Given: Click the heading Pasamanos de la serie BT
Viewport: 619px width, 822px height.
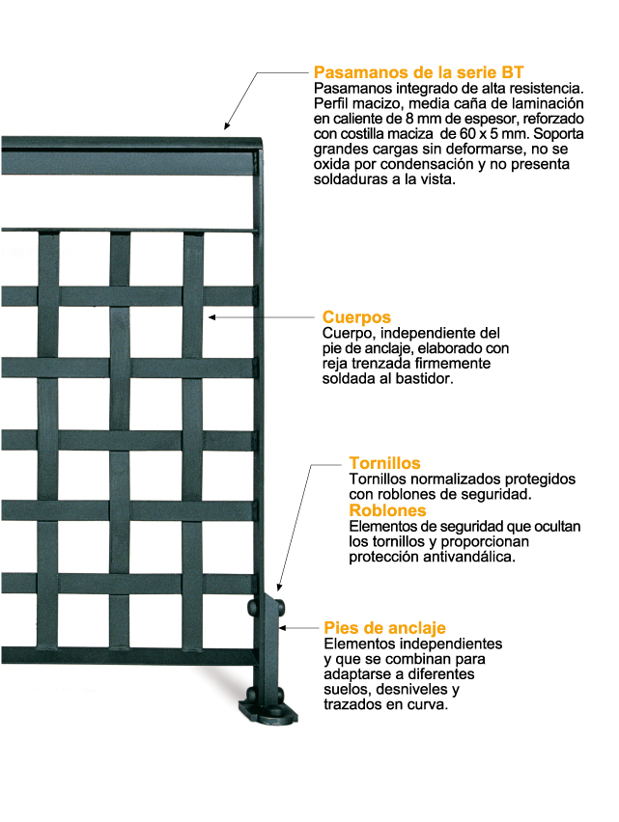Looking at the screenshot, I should point(419,72).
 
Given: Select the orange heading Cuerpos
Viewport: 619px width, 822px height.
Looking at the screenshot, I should point(355,316).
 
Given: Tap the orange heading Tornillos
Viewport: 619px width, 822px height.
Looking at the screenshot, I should point(384,464).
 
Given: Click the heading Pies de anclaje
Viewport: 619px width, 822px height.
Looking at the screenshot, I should point(384,628).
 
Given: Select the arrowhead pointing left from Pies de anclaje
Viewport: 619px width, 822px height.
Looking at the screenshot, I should point(282,628).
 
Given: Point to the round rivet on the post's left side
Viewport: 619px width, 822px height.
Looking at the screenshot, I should point(253,609).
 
